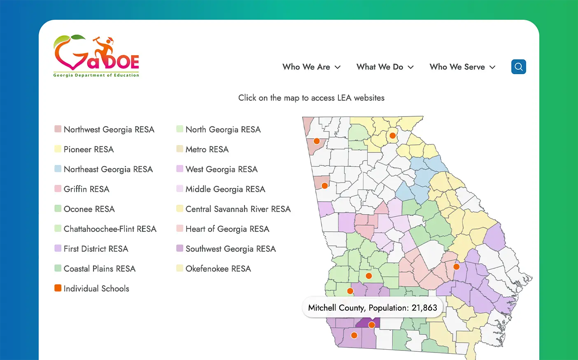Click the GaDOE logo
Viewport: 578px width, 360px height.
click(96, 56)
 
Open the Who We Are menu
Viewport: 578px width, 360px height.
click(311, 67)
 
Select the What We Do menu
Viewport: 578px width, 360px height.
click(385, 67)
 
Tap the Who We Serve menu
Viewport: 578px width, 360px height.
click(462, 67)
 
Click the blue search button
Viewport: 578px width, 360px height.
click(518, 67)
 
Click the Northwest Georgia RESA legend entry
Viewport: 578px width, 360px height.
click(109, 129)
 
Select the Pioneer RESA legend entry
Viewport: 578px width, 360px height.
click(88, 149)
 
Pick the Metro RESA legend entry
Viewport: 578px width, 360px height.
click(207, 149)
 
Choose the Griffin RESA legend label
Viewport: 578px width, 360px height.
click(86, 189)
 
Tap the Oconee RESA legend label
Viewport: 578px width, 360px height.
click(89, 209)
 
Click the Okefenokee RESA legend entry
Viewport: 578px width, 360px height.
click(218, 269)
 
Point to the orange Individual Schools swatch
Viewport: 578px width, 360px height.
click(58, 288)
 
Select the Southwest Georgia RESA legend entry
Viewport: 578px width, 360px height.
click(230, 249)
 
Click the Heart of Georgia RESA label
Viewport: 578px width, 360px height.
click(227, 229)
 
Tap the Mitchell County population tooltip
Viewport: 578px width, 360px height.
click(373, 308)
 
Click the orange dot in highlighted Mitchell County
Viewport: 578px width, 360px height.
click(371, 325)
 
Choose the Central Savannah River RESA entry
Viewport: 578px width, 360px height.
click(238, 209)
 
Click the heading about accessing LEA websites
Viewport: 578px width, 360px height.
click(311, 98)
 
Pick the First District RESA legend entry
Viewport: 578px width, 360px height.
click(96, 249)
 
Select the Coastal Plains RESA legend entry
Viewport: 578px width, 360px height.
click(99, 269)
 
